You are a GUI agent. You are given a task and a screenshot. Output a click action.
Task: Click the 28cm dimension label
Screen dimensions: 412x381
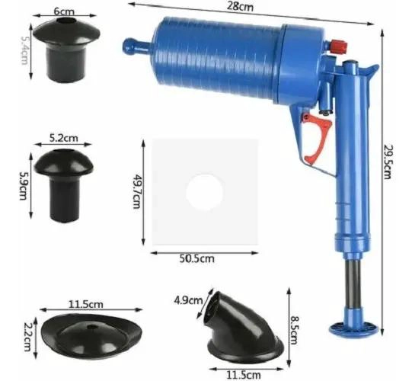coord(240,6)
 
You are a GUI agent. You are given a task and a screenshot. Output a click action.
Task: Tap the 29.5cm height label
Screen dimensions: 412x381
coord(388,161)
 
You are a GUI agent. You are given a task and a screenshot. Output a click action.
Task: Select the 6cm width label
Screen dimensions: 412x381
coord(64,11)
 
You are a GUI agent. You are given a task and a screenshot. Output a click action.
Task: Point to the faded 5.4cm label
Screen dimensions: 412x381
coord(24,50)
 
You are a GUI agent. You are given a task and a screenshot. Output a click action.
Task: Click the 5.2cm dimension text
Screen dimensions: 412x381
coord(64,138)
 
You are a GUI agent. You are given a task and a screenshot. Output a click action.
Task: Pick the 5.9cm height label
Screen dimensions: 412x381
coord(24,186)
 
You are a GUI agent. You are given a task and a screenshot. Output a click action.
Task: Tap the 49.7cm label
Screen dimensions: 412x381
coord(136,191)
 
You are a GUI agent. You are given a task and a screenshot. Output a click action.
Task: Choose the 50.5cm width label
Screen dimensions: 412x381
coord(197,259)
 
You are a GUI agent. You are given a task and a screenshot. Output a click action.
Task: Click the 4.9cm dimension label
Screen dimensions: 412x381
coord(188,300)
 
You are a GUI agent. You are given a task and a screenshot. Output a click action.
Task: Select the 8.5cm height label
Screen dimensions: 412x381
coord(294,330)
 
